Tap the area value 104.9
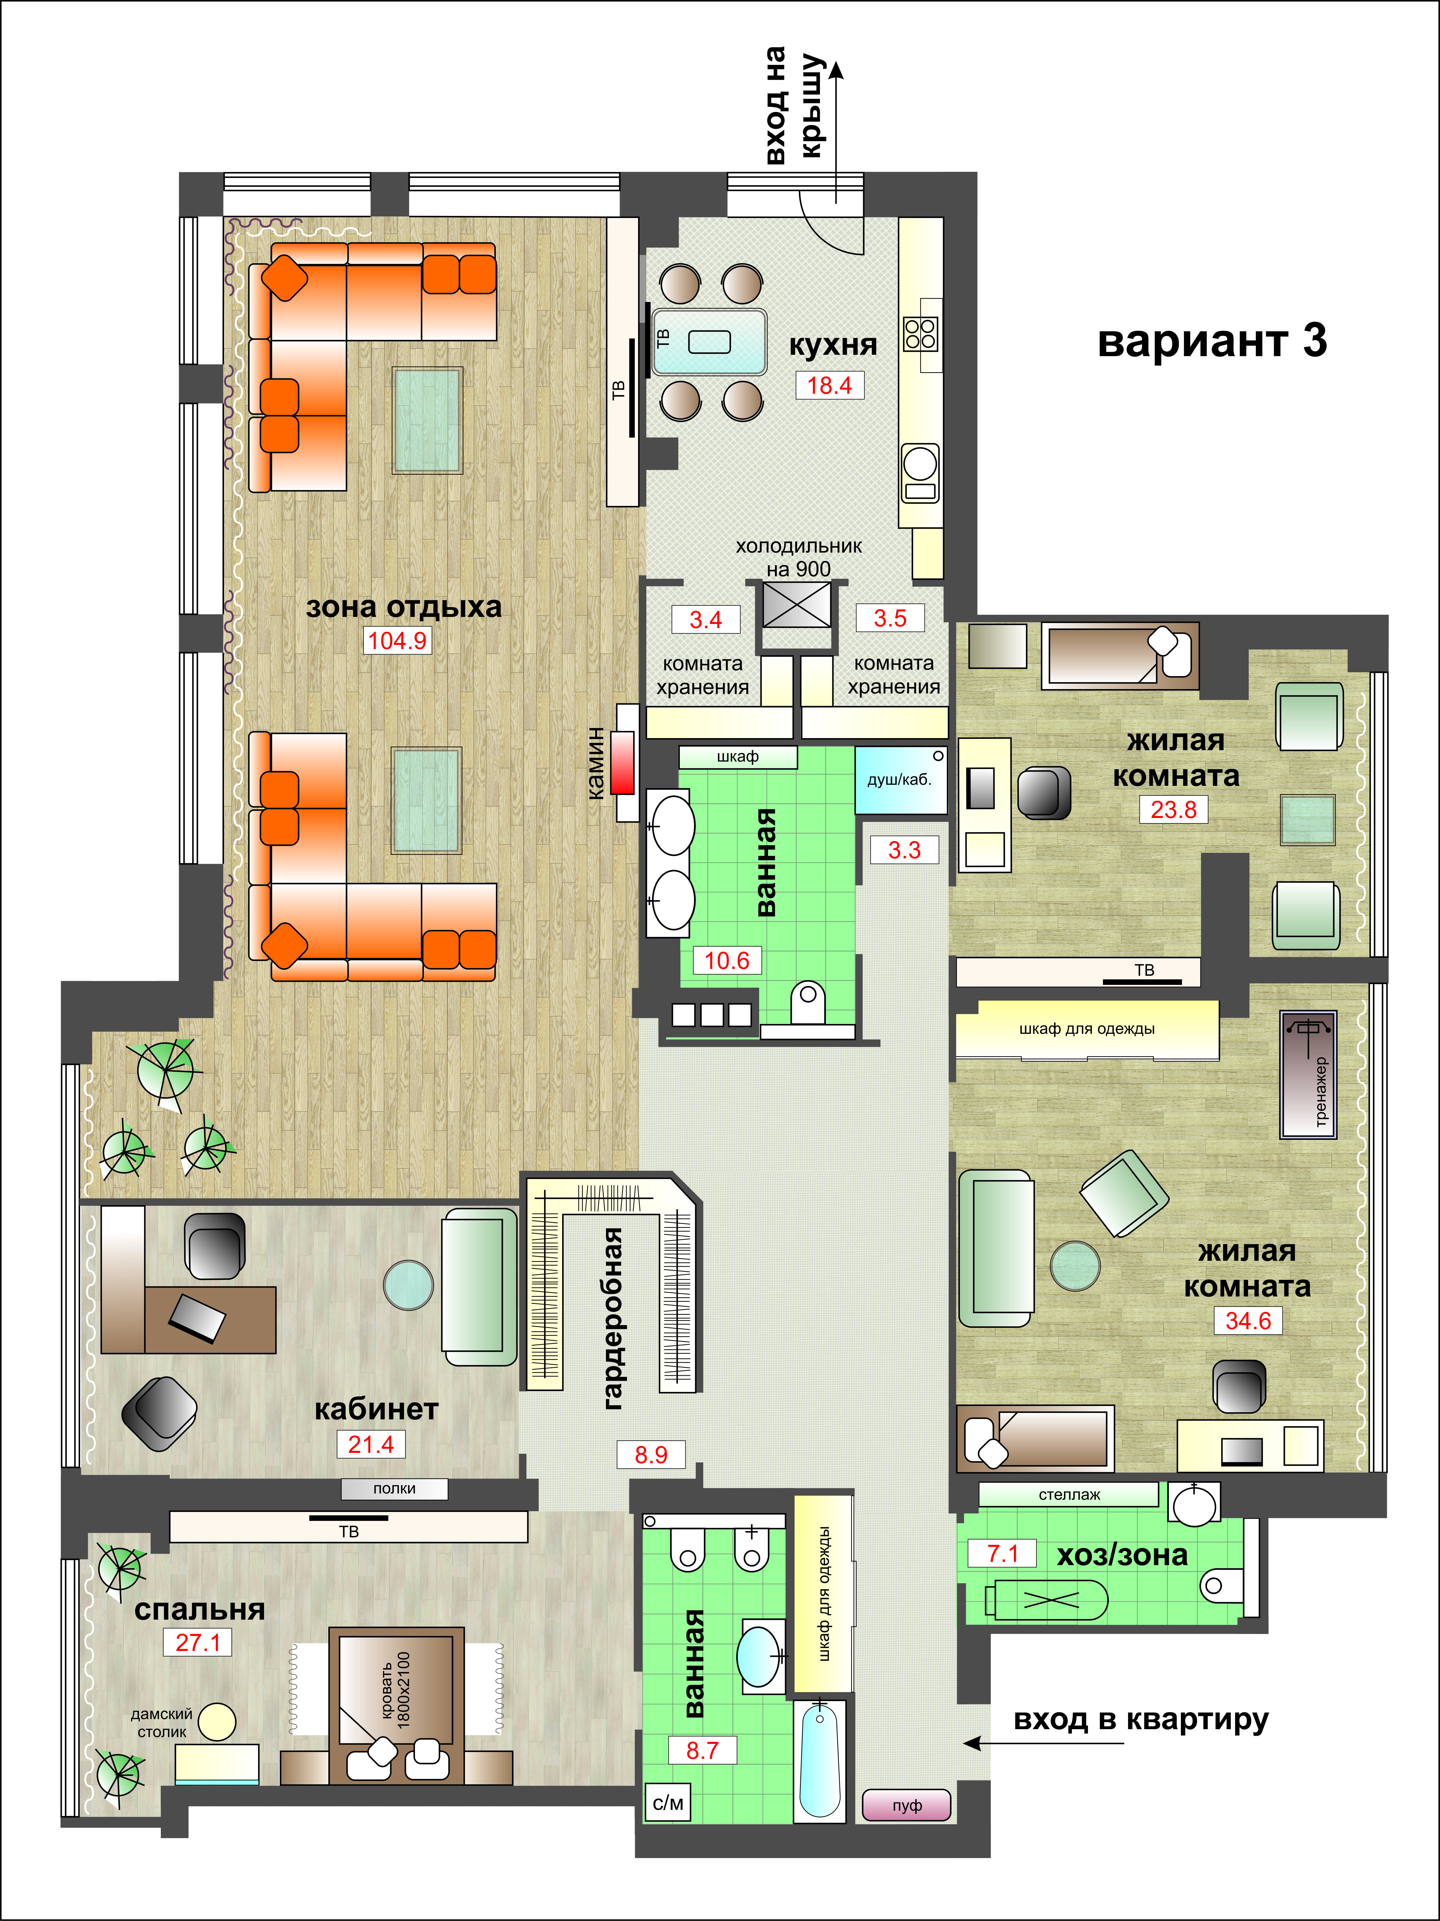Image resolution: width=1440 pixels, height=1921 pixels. click(397, 641)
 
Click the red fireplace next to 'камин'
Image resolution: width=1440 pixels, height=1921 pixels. click(622, 762)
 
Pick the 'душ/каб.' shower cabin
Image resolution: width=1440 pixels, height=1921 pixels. click(901, 780)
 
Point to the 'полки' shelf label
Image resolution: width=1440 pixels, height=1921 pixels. click(394, 1489)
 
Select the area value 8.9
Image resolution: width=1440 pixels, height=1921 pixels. click(650, 1455)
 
